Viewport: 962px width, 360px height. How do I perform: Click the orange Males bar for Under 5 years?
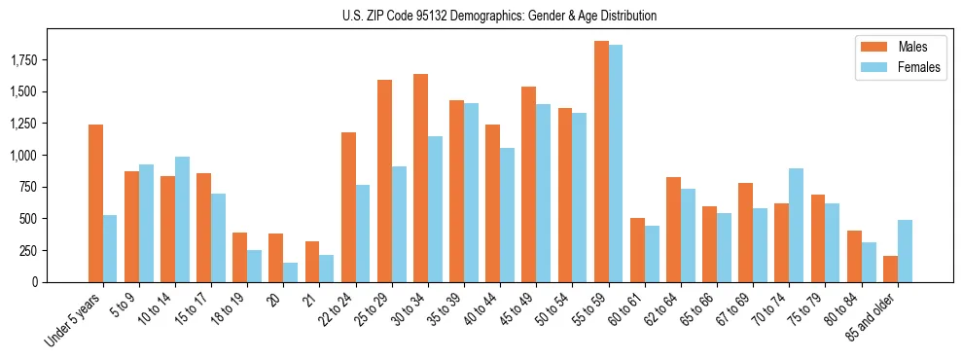coord(95,203)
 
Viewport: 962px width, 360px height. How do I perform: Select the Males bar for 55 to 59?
coord(601,162)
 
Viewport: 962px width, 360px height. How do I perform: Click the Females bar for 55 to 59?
coord(616,163)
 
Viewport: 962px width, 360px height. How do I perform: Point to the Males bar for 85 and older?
coord(890,269)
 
